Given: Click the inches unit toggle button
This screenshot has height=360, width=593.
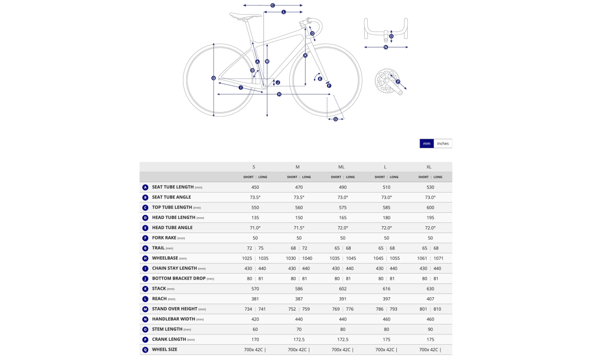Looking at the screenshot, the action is tap(443, 143).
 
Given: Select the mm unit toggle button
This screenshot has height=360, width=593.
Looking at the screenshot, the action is tap(426, 143).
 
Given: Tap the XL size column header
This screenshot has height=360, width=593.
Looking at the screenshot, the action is tap(429, 167).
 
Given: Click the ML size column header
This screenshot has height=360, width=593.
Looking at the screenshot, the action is tap(341, 167).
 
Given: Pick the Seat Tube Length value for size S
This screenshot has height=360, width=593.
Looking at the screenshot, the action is tap(255, 187).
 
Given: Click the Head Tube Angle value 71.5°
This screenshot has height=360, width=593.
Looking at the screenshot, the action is tap(299, 228).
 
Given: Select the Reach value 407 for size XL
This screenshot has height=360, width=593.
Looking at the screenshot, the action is tap(430, 299).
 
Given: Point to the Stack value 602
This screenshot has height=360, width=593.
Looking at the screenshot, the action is tap(342, 288).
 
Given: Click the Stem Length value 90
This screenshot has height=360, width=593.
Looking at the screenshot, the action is tap(430, 329).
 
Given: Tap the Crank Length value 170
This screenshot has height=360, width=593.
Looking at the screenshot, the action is tap(255, 339).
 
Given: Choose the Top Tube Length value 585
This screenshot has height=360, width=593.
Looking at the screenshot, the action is tap(386, 207).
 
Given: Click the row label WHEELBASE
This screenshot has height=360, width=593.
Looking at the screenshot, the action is tap(165, 258).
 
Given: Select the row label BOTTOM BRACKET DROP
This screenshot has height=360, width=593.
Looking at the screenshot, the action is tap(179, 278).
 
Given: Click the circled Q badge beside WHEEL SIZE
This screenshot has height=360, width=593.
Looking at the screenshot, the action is tap(145, 350).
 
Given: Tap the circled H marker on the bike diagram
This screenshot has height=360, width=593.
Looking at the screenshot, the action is tap(279, 94).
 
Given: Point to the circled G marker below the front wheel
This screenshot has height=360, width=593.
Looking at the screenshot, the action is tap(336, 119).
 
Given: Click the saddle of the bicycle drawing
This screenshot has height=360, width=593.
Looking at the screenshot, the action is tap(245, 16).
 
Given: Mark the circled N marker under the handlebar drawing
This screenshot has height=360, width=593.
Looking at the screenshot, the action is tap(386, 47).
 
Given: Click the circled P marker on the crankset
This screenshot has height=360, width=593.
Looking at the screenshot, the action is tap(398, 82).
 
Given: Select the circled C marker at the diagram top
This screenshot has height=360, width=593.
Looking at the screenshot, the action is tap(272, 5).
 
